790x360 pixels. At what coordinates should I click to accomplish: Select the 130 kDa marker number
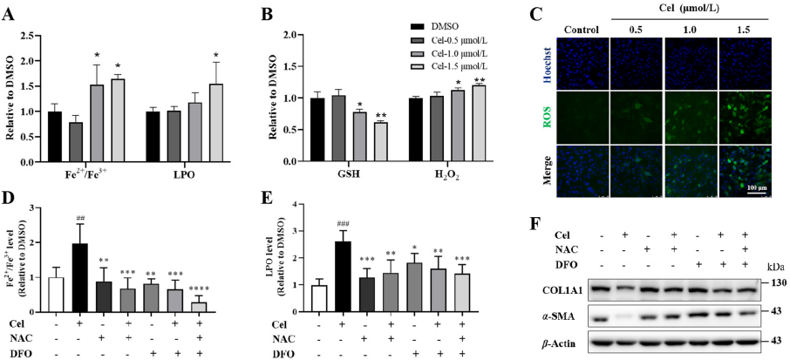pos(778,282)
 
